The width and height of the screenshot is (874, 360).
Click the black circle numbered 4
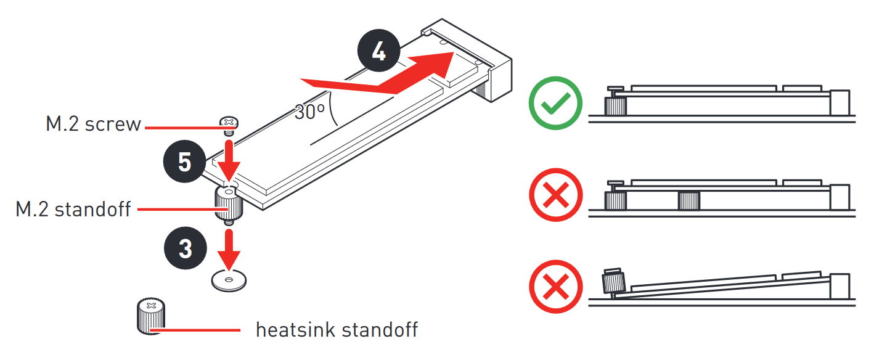(378, 51)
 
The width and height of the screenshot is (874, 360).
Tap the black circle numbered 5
(184, 161)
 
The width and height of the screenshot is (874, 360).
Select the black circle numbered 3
(186, 248)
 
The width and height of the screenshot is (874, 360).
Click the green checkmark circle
(555, 103)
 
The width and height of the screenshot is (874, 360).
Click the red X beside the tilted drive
(555, 287)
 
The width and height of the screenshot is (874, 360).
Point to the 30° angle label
(309, 112)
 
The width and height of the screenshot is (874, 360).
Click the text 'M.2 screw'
(93, 124)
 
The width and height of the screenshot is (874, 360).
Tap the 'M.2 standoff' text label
(73, 210)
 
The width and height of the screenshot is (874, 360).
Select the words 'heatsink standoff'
(337, 330)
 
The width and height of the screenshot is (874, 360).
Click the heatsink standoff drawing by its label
(151, 316)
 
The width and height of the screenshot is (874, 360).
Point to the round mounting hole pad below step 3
(229, 280)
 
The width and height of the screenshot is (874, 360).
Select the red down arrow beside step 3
(229, 250)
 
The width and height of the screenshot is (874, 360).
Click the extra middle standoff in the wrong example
(689, 200)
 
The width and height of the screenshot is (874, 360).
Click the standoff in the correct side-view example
(615, 106)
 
